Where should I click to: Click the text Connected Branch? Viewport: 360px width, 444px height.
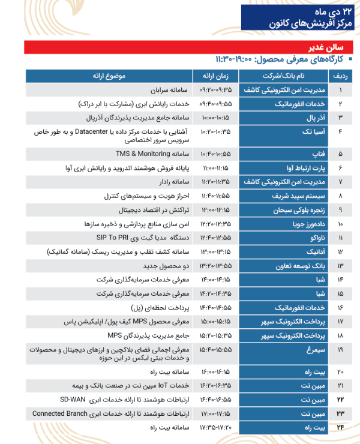click(x=64, y=413)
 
